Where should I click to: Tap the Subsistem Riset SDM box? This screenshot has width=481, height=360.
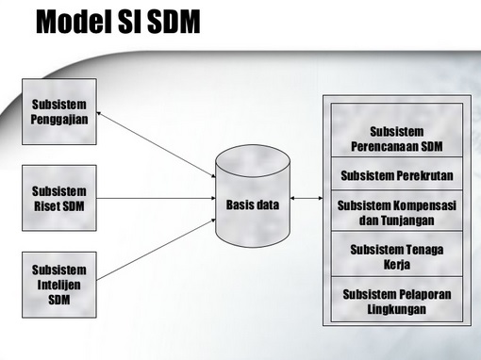click(x=58, y=199)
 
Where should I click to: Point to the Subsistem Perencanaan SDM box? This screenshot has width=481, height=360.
click(x=395, y=139)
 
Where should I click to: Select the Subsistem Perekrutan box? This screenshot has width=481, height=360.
click(x=395, y=176)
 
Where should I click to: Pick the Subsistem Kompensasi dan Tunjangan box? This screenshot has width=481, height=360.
click(x=395, y=211)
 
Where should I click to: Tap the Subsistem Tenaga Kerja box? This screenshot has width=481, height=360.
click(x=395, y=255)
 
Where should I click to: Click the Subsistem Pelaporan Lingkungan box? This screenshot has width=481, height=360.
click(x=395, y=300)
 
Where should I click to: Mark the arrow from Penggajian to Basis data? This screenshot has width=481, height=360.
click(x=156, y=144)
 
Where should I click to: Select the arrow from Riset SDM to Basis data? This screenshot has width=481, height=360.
click(x=156, y=199)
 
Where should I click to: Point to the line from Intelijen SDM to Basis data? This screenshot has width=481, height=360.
click(x=156, y=254)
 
